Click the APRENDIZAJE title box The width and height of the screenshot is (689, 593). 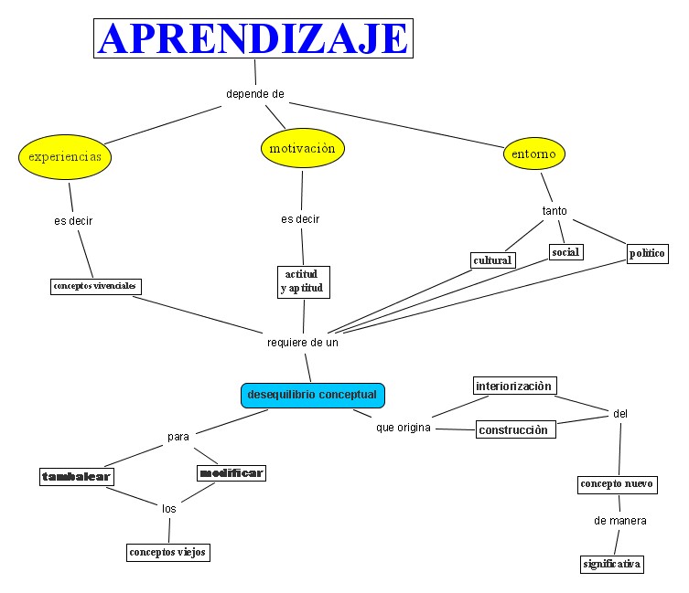click(x=253, y=38)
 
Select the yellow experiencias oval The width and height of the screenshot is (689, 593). click(x=70, y=156)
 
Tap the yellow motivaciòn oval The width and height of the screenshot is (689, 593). click(x=303, y=148)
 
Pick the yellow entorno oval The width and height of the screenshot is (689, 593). click(x=533, y=154)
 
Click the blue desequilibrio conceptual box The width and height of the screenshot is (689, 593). click(x=312, y=395)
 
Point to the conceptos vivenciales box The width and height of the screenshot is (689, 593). click(x=95, y=286)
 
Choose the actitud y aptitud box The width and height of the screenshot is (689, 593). click(x=302, y=281)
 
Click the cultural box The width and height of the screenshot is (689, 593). click(x=492, y=260)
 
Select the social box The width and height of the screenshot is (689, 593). click(x=565, y=252)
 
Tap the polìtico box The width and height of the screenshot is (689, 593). click(x=647, y=253)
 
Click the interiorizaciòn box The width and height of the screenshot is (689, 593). click(x=514, y=386)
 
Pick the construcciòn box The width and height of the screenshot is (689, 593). click(x=515, y=429)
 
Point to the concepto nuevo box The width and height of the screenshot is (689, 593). click(x=617, y=484)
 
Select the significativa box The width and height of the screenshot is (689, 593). click(x=612, y=564)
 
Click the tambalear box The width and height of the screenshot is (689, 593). click(x=76, y=477)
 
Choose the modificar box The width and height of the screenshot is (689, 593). click(x=231, y=472)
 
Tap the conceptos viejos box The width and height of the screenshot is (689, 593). click(x=167, y=552)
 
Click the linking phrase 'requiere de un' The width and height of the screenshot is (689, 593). click(x=303, y=343)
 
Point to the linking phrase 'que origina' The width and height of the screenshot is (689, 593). click(x=403, y=428)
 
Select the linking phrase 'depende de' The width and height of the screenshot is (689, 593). click(x=255, y=93)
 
